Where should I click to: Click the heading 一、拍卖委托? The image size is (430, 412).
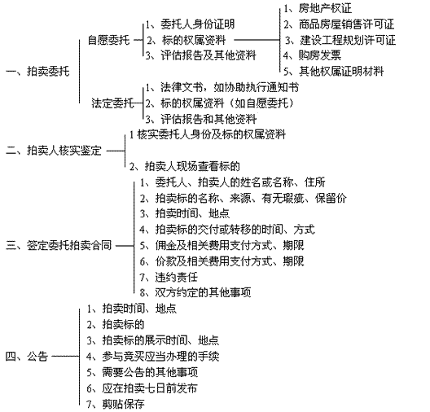pos(37,72)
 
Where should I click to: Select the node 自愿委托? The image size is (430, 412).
pos(108,40)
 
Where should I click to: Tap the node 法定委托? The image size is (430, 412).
pos(112,103)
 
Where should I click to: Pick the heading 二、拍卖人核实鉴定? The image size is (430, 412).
pos(54,151)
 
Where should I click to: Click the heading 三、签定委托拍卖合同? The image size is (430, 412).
pos(59,245)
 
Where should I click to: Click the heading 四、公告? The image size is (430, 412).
pos(27,357)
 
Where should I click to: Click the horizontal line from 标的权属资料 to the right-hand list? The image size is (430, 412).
pos(257,40)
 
